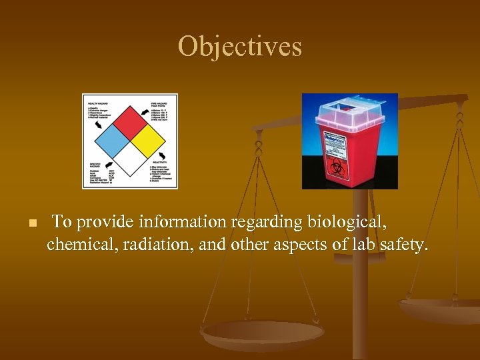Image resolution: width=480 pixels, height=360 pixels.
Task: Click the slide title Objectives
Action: tap(240, 47)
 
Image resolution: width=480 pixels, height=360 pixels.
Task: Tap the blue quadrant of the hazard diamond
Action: tap(112, 141)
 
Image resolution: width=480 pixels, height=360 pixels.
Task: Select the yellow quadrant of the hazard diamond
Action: tap(147, 141)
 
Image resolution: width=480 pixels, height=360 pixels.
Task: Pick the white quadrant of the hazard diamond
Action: tap(129, 159)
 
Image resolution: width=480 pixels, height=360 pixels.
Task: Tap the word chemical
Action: tap(77, 245)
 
